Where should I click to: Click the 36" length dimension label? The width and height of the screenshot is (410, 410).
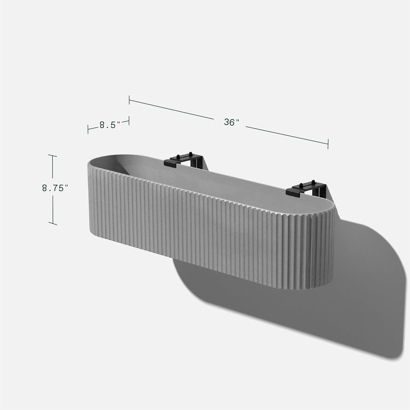[x=232, y=122]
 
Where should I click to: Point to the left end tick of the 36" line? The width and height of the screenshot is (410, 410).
[x=129, y=100]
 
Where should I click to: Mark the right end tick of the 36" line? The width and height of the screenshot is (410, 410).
[x=328, y=144]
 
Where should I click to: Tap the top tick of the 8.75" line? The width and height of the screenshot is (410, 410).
[x=52, y=155]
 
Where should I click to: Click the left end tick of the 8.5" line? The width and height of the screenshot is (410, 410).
[x=88, y=129]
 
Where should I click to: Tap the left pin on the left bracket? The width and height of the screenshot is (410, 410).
[x=177, y=156]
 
